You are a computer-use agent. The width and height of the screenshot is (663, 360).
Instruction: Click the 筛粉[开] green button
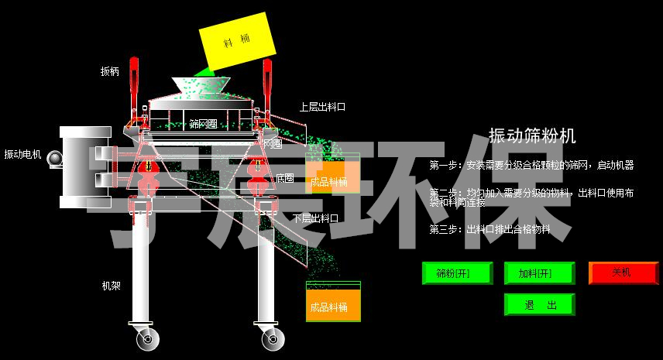[457, 273]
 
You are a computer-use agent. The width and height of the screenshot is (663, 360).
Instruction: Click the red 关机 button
[623, 273]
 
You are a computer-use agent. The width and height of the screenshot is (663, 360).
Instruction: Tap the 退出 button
[540, 304]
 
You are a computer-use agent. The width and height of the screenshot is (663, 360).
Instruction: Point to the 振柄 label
[110, 71]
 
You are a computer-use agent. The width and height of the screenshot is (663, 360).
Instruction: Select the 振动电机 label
[22, 154]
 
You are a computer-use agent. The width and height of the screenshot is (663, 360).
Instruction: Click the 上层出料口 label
[322, 107]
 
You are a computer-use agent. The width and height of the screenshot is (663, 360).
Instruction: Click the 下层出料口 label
[315, 218]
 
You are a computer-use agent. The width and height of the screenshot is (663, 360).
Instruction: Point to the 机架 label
[112, 285]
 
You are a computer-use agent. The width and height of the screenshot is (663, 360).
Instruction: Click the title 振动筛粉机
[532, 136]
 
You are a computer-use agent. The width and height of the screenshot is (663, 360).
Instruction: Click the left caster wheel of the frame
[146, 338]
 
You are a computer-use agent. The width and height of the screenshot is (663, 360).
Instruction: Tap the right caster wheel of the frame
[271, 338]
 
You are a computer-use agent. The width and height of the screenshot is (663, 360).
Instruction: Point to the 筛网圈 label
[202, 124]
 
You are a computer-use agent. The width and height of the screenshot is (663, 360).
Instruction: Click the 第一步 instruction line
[531, 165]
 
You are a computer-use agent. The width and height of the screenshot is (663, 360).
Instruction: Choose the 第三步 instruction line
[490, 229]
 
